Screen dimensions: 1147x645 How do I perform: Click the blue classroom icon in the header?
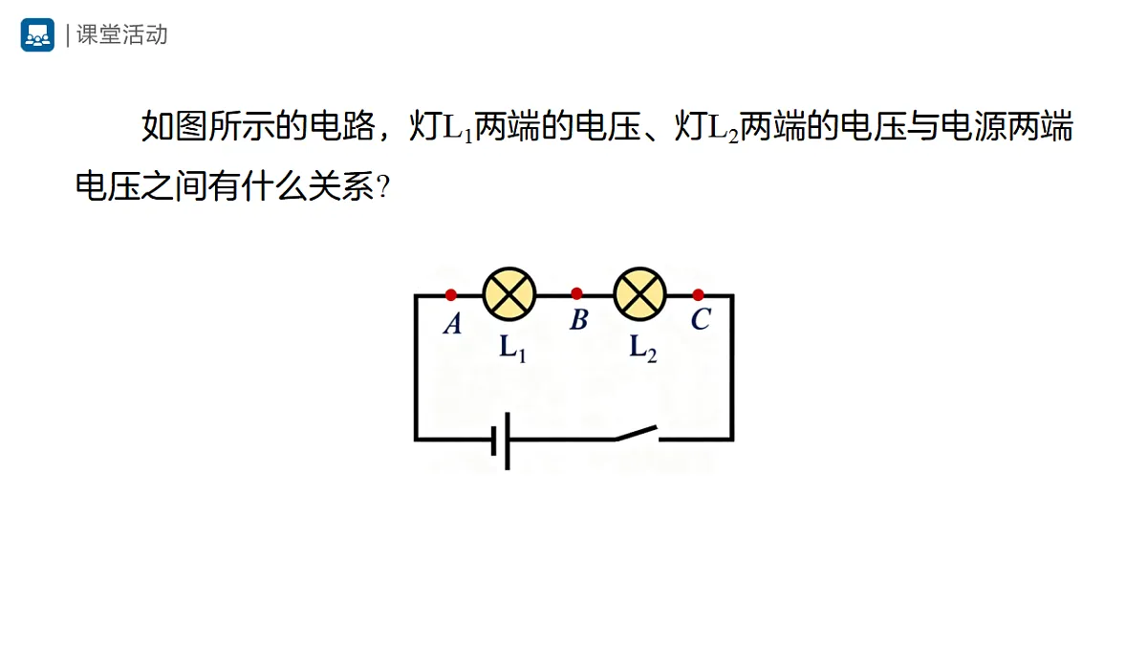(37, 34)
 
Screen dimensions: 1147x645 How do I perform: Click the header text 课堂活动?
(122, 34)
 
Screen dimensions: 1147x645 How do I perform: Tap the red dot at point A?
(450, 295)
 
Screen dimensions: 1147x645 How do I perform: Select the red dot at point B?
(576, 294)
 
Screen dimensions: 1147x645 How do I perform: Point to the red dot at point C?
(698, 295)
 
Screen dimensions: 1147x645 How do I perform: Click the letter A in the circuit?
(453, 324)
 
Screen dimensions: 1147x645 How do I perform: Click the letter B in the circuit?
(579, 320)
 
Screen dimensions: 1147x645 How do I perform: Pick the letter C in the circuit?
(701, 319)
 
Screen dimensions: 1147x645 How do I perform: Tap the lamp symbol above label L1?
(509, 294)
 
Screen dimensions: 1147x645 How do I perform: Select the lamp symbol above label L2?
(640, 294)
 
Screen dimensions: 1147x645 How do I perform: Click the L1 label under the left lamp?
(513, 349)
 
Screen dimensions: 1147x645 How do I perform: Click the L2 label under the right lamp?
(643, 349)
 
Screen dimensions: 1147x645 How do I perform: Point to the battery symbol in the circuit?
(501, 441)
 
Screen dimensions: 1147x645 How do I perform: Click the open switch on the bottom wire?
(637, 433)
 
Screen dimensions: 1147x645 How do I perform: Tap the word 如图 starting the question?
(174, 126)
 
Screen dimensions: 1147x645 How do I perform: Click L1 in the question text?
(457, 128)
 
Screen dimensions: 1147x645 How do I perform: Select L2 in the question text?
(723, 128)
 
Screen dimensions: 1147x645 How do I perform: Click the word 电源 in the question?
(974, 126)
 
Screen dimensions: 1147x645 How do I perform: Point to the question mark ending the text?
(383, 187)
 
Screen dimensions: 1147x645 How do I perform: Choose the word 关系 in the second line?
(341, 185)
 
